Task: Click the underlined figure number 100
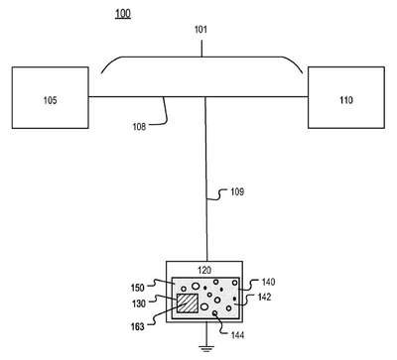point(123,14)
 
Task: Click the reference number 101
point(200,30)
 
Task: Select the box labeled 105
point(51,97)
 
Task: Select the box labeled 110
point(346,97)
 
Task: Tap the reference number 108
point(139,127)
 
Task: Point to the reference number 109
point(237,191)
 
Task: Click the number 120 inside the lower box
point(204,270)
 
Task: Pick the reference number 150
point(138,288)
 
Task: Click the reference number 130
point(139,303)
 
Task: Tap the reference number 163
point(138,326)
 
